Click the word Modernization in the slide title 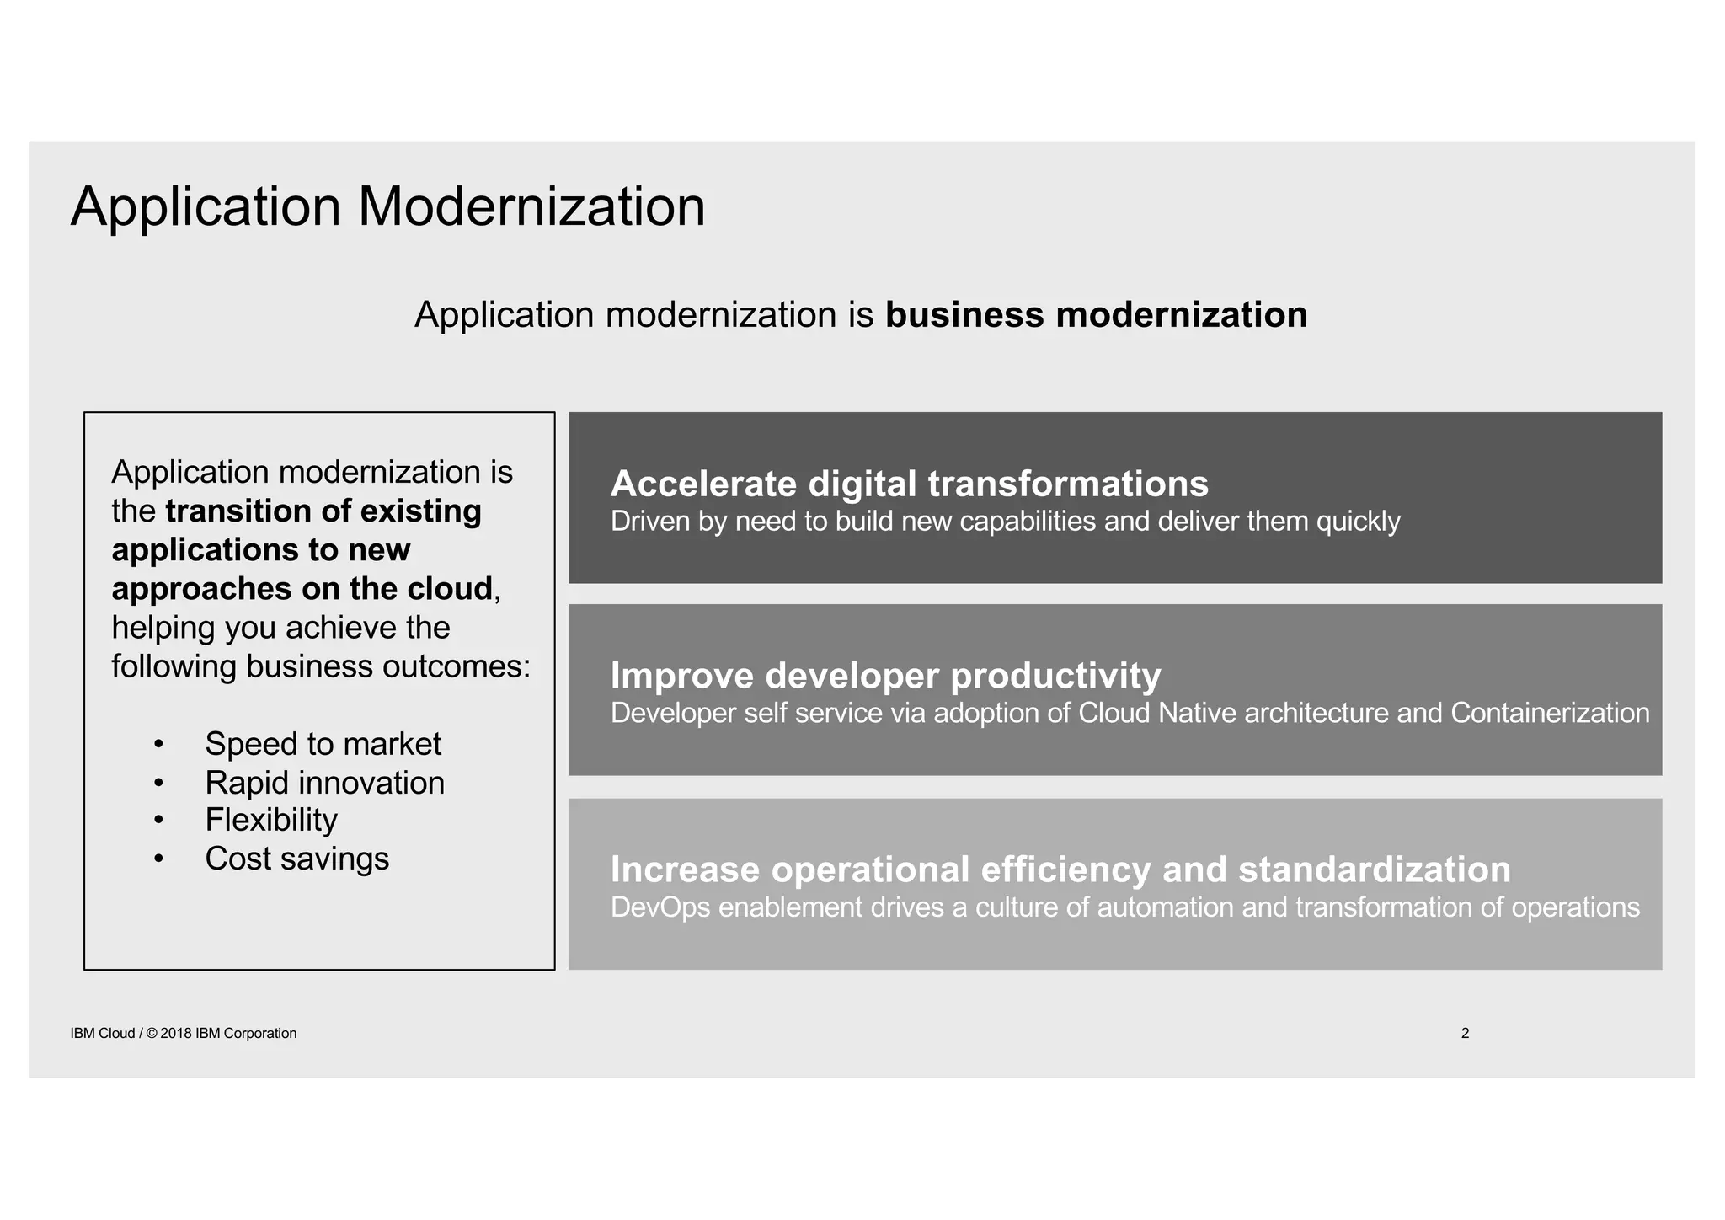[x=531, y=206]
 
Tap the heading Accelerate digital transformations [x=909, y=484]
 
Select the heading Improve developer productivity [x=885, y=676]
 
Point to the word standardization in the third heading [x=1375, y=870]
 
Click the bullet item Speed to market [x=323, y=744]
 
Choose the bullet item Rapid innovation [x=324, y=783]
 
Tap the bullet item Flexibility [x=271, y=820]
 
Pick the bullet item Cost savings [x=296, y=859]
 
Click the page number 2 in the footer [x=1465, y=1033]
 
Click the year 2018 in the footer [x=176, y=1034]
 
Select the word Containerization [x=1550, y=714]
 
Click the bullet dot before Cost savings [x=158, y=859]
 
